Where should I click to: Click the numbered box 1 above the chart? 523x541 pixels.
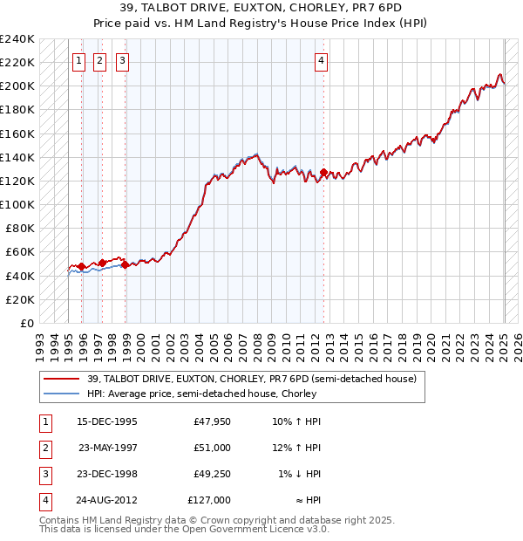(79, 61)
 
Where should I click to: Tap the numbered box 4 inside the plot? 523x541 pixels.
(322, 61)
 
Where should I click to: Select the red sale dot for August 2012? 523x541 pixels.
(323, 173)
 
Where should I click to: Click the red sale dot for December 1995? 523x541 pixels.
(81, 266)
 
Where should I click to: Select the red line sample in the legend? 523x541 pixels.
(62, 379)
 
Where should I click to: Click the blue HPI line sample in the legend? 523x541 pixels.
(62, 394)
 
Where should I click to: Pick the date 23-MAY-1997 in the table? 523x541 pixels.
(107, 448)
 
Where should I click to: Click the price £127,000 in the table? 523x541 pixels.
(209, 500)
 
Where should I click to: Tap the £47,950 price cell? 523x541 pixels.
(212, 421)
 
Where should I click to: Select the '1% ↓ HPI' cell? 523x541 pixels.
(298, 474)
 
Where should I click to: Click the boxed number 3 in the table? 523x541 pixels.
(45, 474)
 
